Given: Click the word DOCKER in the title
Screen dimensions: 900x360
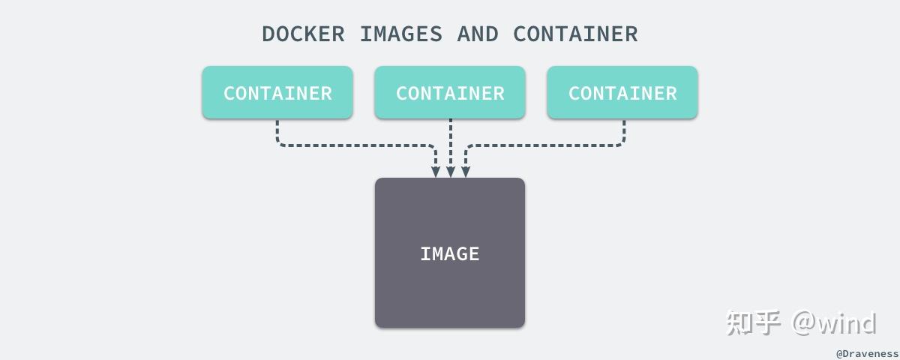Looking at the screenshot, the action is tap(303, 34).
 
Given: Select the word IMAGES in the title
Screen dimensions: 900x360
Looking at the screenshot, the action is tap(401, 34).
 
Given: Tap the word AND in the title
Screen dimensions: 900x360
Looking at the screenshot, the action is tap(478, 34).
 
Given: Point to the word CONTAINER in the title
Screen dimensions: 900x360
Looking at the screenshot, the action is tap(575, 34).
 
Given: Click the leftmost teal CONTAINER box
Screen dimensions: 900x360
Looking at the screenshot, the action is tap(277, 92).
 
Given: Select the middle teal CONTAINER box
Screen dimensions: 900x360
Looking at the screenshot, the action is tap(450, 92).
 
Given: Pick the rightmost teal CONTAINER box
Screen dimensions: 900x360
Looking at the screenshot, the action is tap(622, 92).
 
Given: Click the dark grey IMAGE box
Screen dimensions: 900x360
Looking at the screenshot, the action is tap(450, 253).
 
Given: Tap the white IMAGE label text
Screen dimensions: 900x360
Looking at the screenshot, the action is tap(450, 254).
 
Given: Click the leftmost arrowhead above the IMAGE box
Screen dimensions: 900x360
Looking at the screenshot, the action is tap(436, 172).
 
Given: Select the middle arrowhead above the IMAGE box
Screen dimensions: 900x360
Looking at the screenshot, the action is tap(451, 172).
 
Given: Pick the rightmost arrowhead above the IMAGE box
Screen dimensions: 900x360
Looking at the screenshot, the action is tap(466, 172).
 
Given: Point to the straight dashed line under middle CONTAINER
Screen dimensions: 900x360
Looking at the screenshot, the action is tap(451, 142).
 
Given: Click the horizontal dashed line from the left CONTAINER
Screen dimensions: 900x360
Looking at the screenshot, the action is tap(355, 145).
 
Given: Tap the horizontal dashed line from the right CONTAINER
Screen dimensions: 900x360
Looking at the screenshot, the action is tap(544, 145).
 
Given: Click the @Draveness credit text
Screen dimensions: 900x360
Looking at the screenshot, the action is tap(867, 354).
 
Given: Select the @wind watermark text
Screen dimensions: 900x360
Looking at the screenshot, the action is tap(834, 322).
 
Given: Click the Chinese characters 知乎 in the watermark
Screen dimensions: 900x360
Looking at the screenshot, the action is tap(754, 322).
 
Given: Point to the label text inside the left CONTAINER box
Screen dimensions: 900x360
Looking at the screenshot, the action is tap(277, 94).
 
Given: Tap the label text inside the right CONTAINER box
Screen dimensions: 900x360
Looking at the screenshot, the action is tap(622, 94).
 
